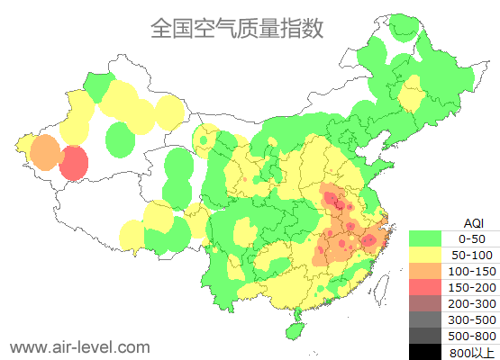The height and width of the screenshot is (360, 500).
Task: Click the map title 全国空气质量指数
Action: [x=237, y=29]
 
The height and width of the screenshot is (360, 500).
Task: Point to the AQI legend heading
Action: [x=472, y=222]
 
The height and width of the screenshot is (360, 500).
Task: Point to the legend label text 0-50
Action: [x=472, y=238]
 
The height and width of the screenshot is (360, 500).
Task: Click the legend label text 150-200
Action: [x=472, y=287]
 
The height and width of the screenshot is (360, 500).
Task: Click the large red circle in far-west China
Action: [x=74, y=164]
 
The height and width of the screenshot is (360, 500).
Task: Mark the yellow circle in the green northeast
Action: [x=414, y=93]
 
